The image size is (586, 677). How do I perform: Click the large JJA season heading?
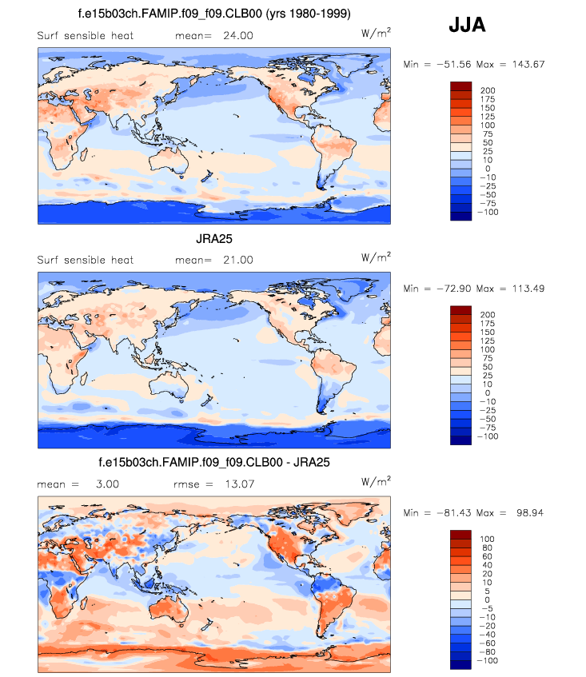467,26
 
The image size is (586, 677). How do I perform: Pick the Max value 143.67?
524,64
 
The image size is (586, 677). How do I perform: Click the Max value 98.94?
524,512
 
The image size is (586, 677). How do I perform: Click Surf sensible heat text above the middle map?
86,260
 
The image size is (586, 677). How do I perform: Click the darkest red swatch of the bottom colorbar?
462,534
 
